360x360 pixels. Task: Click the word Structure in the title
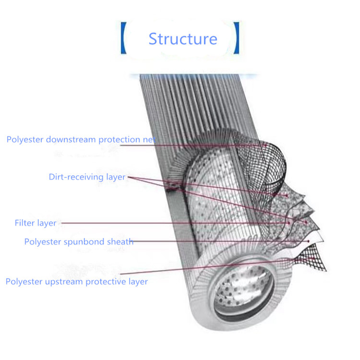183,39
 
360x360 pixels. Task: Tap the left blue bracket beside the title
123,38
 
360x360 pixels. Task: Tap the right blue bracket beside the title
237,38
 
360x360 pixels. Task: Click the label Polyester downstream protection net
81,139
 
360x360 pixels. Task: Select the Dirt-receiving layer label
87,177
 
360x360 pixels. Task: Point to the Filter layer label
36,223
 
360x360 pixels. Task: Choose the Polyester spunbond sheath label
79,242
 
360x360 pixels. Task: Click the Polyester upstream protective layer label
76,282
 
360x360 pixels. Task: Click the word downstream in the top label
71,139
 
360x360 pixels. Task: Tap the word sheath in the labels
120,242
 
